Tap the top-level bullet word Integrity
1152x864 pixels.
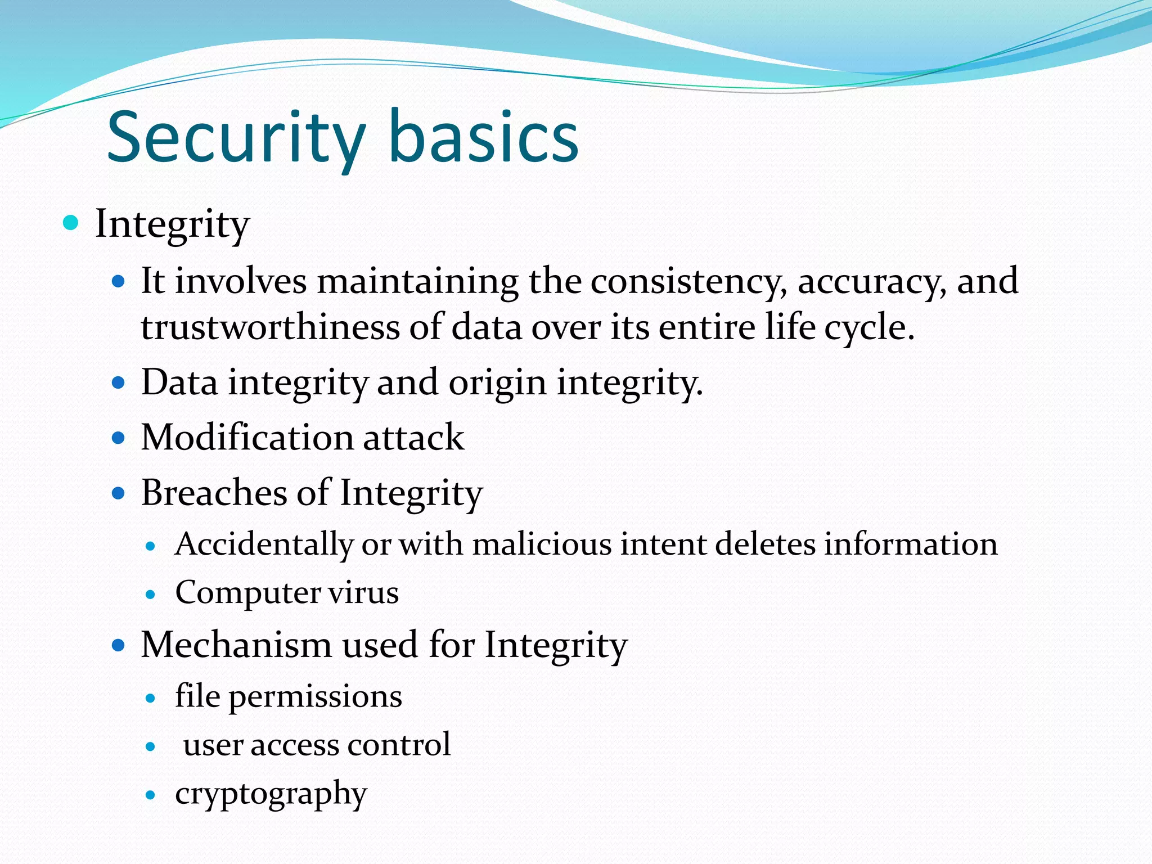(x=172, y=224)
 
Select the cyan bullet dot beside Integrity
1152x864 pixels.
(x=71, y=223)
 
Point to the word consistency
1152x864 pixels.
(x=688, y=281)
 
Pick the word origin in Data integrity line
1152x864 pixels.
(x=497, y=382)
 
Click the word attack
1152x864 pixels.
(x=413, y=438)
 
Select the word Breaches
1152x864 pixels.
(x=214, y=493)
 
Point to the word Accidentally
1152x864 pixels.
(x=264, y=544)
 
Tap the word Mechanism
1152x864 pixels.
(x=236, y=645)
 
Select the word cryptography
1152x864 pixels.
(x=271, y=794)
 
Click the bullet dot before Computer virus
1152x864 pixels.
(x=150, y=594)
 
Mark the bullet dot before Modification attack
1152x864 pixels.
(x=118, y=438)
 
